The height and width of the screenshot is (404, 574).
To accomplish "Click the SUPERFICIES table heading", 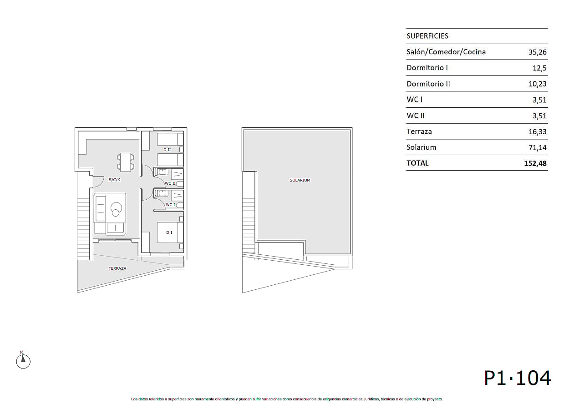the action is [x=427, y=36].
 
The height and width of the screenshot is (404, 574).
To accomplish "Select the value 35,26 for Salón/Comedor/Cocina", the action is [x=537, y=52].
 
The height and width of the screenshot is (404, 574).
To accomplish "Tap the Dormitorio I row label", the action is [x=427, y=68].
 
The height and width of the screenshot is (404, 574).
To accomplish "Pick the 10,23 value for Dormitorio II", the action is [x=537, y=84].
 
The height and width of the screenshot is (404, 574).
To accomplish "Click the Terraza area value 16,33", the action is [x=537, y=131].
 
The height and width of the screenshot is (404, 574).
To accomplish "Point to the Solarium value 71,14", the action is [x=537, y=147].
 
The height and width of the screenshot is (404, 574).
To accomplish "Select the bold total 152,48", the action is [x=535, y=163].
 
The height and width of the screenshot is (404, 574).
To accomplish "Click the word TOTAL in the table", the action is [x=417, y=163].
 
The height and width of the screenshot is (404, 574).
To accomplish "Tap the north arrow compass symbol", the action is [x=23, y=360].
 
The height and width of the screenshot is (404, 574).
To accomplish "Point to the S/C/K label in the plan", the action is [x=115, y=180].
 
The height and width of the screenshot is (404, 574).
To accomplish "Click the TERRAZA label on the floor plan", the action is [x=117, y=268].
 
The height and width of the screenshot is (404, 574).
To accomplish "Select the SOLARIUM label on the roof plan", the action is [x=300, y=180].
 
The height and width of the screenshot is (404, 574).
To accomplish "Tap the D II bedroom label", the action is [x=167, y=150].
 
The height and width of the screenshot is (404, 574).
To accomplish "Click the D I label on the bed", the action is [x=169, y=232].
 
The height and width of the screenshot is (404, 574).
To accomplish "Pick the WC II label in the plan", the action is [x=170, y=183].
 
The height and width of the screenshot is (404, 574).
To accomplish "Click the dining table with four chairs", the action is [x=126, y=162].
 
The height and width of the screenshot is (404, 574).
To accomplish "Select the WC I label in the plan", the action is [x=170, y=205].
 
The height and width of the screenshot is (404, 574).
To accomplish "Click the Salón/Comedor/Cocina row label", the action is [x=446, y=52].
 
